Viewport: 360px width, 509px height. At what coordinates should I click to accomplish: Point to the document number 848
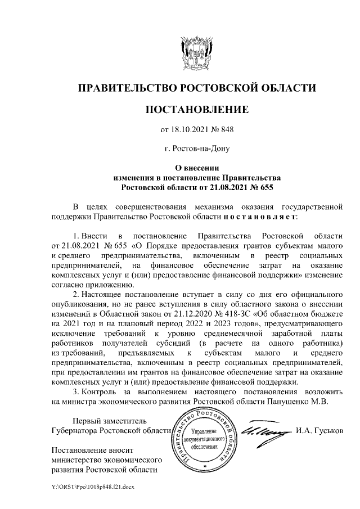point(225,130)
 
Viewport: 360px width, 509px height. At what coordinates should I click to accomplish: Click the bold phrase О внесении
point(196,167)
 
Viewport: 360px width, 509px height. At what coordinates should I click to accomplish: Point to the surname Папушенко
point(293,402)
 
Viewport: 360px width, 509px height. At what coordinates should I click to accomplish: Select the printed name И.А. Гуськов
point(318,431)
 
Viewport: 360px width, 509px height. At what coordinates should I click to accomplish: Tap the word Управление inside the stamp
point(205,430)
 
